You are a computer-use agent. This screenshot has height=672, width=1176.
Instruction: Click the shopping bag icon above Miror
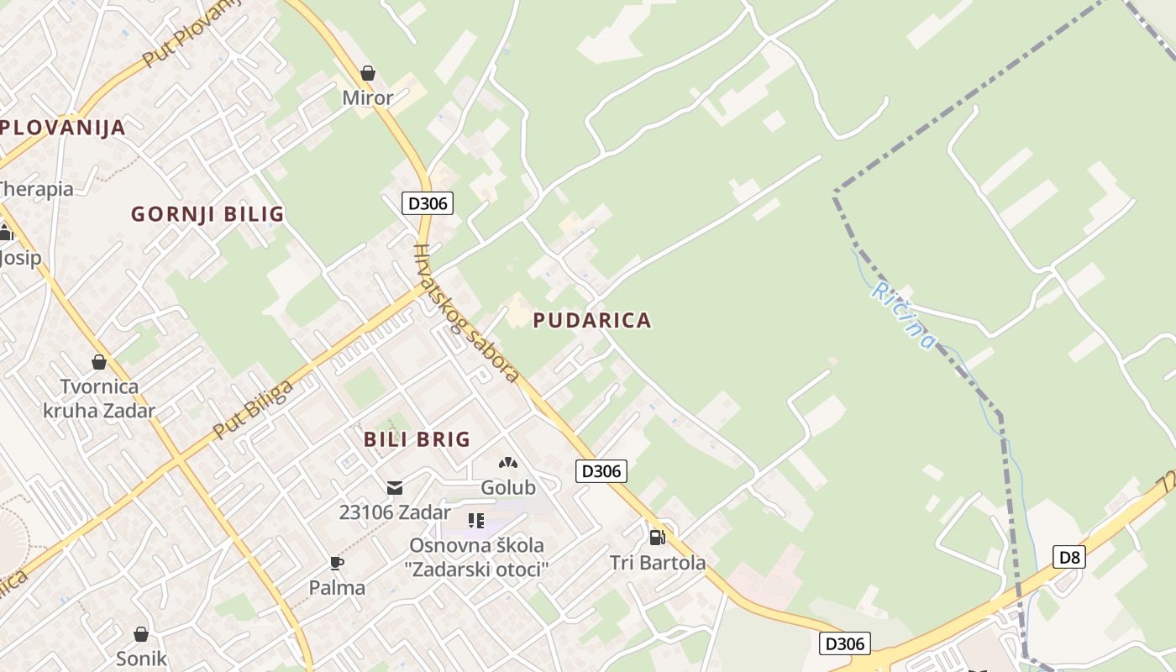367,73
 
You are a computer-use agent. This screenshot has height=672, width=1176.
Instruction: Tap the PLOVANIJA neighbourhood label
63,128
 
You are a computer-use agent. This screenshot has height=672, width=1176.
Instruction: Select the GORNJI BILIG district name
207,214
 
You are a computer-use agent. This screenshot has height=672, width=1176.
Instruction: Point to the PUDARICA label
592,320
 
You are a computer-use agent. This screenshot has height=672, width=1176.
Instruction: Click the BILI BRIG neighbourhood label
417,439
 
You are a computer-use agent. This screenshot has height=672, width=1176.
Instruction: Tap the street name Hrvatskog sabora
466,313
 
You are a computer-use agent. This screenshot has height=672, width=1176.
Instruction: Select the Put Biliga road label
254,409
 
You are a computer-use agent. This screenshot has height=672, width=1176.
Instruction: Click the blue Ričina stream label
903,315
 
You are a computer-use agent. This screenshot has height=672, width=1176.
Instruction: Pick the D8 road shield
1069,556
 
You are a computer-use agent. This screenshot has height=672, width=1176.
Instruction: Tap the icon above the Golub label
507,462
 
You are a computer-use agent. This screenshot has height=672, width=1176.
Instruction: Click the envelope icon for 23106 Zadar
394,488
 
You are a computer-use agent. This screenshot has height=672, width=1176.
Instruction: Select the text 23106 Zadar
395,512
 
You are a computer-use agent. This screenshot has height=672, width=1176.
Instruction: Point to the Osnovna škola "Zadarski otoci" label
476,557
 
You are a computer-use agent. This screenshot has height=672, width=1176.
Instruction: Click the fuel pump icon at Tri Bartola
657,537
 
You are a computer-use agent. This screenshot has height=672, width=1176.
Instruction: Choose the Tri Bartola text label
658,563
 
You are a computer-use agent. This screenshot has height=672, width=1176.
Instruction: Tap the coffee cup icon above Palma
337,563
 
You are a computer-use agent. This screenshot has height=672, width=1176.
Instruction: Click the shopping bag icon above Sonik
141,633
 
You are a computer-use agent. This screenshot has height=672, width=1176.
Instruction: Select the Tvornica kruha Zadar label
99,399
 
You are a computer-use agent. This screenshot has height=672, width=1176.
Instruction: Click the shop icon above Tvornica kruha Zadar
99,362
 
